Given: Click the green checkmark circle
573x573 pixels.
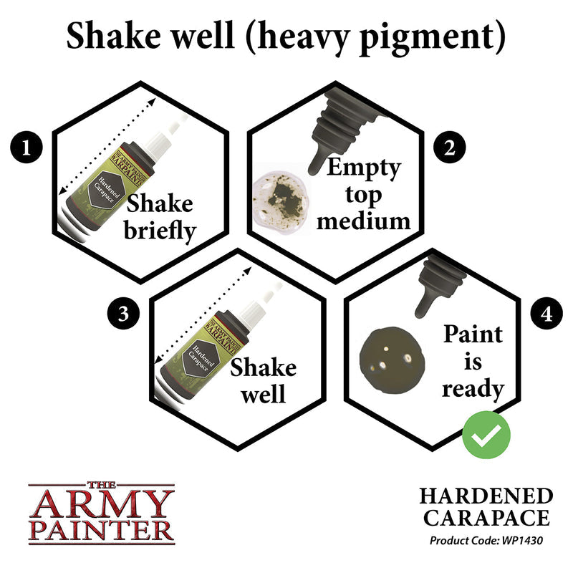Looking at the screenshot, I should coord(486,432).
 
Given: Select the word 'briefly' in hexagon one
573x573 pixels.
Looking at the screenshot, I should coord(160,233).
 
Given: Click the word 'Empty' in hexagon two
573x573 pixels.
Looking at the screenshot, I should coord(363,169).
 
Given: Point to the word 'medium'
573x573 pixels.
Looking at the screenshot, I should coord(364,220).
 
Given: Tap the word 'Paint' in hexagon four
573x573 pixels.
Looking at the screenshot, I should coord(473,334).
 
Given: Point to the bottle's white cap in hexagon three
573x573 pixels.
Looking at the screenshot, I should coord(254,301).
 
